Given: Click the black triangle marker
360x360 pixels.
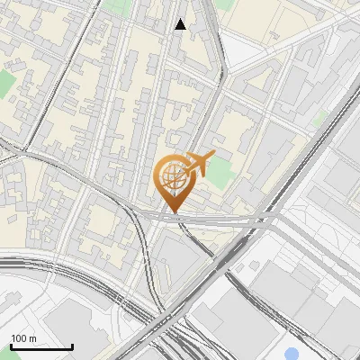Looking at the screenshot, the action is pyautogui.click(x=180, y=24).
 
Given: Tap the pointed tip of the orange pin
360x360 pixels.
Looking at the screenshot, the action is pyautogui.click(x=172, y=212).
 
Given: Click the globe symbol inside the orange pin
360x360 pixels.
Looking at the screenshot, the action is pyautogui.click(x=172, y=176).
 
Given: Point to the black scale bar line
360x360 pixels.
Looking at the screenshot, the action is pyautogui.click(x=41, y=346).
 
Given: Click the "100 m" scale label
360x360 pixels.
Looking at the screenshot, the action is pyautogui.click(x=23, y=338).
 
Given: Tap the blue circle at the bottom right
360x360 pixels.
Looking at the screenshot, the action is pyautogui.click(x=292, y=354).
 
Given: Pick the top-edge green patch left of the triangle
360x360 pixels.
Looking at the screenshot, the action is pyautogui.click(x=116, y=6).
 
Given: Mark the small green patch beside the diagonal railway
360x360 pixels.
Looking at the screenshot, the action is pyautogui.click(x=319, y=117).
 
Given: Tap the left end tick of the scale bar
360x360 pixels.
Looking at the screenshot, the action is pyautogui.click(x=11, y=346).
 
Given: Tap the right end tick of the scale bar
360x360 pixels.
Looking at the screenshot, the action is pyautogui.click(x=72, y=346).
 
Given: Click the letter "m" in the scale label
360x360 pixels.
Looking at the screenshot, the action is pyautogui.click(x=32, y=338).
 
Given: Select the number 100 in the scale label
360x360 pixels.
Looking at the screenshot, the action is pyautogui.click(x=19, y=338).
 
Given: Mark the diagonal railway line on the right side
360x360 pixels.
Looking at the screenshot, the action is pyautogui.click(x=297, y=163).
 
